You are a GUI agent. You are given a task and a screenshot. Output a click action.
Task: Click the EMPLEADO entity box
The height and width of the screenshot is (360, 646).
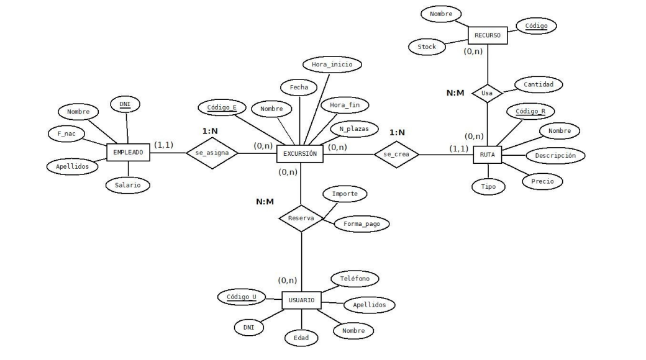(129, 152)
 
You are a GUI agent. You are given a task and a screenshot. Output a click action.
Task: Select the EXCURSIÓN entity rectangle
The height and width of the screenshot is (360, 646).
(300, 153)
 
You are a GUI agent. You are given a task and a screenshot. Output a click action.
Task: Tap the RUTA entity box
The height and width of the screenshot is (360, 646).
(487, 155)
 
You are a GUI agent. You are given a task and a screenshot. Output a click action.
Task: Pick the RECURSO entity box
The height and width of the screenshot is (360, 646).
(488, 35)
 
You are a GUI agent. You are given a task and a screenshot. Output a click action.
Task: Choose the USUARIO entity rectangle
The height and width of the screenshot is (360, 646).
(301, 301)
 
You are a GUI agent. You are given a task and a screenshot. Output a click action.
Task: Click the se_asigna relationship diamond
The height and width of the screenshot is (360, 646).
(212, 153)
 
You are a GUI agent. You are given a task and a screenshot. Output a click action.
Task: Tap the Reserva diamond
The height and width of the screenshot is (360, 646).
(301, 218)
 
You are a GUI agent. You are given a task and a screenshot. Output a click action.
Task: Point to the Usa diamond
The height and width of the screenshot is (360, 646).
(487, 94)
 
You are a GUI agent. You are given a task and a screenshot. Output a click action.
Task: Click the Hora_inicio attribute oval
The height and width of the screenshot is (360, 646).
(332, 64)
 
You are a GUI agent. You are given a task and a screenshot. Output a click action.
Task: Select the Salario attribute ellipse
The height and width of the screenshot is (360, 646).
(128, 185)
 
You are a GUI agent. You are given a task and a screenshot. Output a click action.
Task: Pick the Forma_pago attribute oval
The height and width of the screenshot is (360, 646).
(361, 223)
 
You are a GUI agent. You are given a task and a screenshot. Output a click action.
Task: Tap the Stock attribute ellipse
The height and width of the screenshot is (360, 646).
(427, 47)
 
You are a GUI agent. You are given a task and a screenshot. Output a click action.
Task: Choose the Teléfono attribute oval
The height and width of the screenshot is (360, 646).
(355, 279)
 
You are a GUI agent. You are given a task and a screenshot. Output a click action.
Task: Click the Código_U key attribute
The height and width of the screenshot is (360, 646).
(241, 297)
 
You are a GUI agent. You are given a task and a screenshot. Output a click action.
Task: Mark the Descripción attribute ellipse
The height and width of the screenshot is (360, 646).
(555, 155)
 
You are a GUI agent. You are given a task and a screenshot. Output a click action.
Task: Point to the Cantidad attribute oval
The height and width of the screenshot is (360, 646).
(539, 84)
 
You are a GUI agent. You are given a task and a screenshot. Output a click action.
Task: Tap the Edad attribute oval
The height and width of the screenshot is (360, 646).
(301, 338)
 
